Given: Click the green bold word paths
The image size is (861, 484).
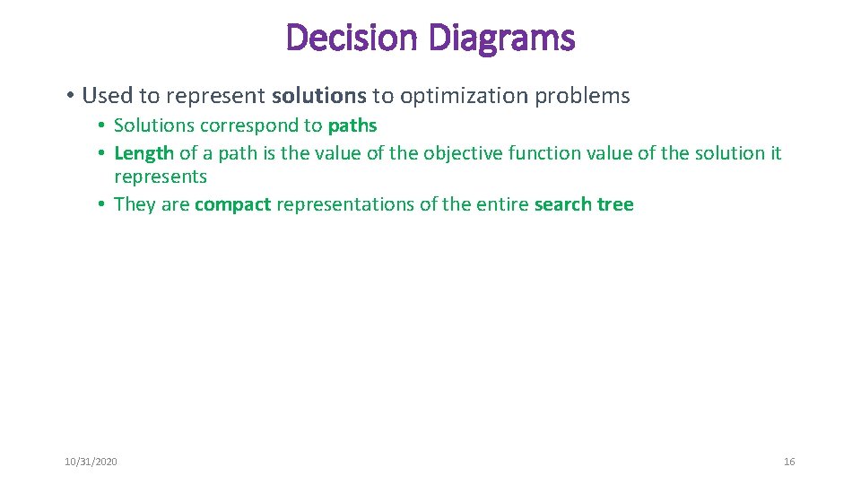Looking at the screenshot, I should pos(352,125).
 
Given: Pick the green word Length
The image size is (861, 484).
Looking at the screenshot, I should pos(143,153).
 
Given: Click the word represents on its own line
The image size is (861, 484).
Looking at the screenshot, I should pos(161,177).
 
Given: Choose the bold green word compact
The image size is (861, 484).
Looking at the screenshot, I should pos(232,204).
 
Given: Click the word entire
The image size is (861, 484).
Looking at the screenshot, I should pos(503,204).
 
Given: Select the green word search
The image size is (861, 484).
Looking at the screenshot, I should pos(562,204).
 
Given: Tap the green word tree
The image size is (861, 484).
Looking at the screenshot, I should pos(614,204).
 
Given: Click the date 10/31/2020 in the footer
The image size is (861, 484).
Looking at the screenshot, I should pos(91,462).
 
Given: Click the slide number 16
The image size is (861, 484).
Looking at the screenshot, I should pos(789,462).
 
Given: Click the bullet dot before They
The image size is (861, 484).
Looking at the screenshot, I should pos(104,204).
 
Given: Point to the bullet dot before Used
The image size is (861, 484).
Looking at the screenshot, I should pos(69,96).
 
